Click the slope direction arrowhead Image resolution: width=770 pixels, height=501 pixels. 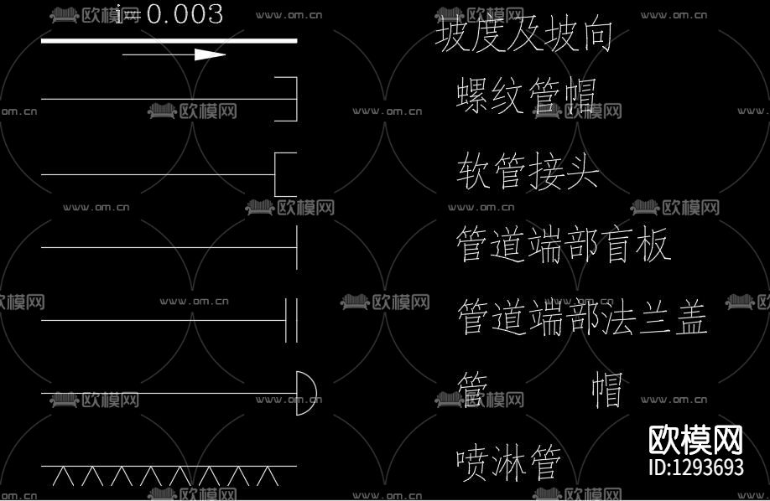(210, 55)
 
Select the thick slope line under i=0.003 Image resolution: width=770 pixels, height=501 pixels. (168, 40)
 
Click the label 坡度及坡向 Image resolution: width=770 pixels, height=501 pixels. (524, 35)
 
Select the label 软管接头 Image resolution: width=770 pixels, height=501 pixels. (528, 172)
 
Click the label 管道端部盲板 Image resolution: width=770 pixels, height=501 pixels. (563, 245)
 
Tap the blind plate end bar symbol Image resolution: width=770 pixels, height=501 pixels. (296, 247)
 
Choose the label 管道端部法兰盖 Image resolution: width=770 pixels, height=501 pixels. (582, 318)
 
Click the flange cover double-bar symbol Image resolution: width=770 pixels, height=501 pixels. (291, 320)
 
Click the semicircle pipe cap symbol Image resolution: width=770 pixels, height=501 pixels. (305, 393)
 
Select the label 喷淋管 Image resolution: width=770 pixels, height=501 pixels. (508, 462)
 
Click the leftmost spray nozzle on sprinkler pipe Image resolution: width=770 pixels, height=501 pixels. (62, 477)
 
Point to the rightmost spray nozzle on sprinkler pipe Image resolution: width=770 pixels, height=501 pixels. (268, 477)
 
